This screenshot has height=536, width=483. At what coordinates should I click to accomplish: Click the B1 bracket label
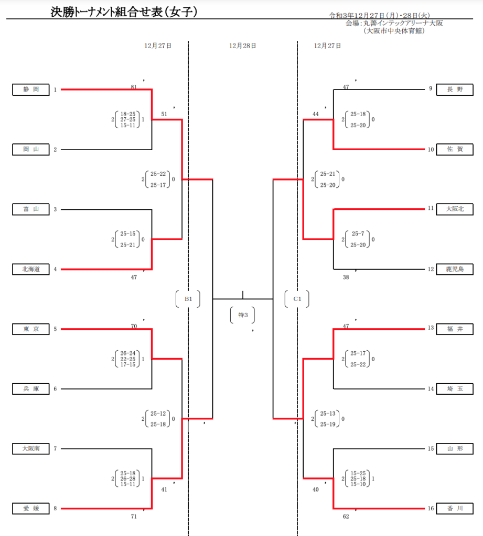pos(188,299)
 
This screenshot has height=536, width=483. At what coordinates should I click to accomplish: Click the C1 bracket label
pos(297,299)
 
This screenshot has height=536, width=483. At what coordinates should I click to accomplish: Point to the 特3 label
pos(243,315)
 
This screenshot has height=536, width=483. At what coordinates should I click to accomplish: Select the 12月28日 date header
pos(242,46)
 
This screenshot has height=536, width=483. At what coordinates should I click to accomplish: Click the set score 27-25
pos(128,119)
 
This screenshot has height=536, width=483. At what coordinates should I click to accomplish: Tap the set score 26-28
pos(128,478)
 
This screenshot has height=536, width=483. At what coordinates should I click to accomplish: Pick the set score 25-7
pos(358,233)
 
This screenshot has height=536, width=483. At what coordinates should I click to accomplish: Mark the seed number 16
pos(431,508)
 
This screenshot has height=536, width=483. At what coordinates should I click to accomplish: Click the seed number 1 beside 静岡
pos(55,90)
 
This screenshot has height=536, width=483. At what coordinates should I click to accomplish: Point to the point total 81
pos(134,87)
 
